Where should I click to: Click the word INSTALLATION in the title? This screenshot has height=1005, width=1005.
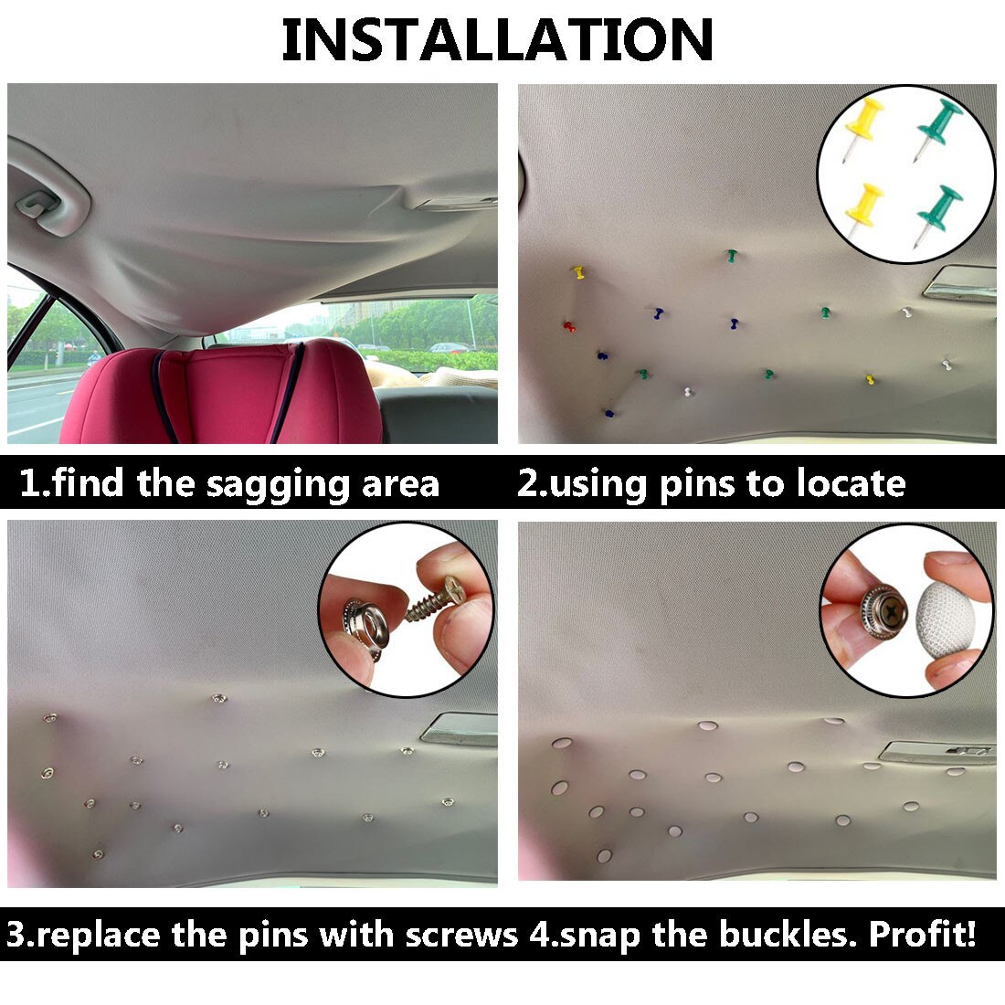(498, 39)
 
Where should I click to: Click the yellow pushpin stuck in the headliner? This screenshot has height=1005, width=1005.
(577, 271)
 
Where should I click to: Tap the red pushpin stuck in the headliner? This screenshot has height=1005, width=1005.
(568, 325)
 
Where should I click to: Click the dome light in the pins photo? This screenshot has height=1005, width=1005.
(958, 283)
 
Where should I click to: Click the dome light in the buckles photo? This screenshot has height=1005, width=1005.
(937, 752)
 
